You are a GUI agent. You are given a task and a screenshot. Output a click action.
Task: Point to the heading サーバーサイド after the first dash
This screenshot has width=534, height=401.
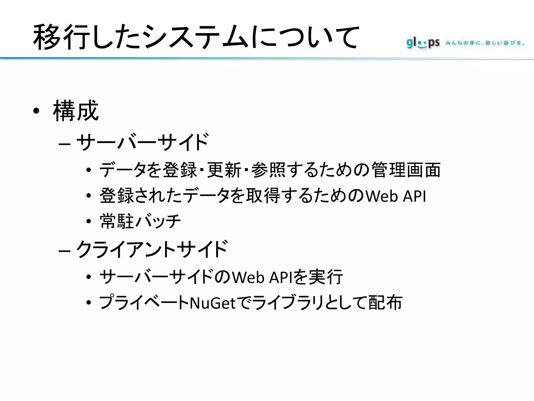coord(142,142)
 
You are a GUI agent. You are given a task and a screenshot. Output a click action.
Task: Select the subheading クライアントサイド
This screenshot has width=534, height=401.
coord(151,249)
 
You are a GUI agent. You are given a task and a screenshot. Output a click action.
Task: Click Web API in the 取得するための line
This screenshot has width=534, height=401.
coord(396,196)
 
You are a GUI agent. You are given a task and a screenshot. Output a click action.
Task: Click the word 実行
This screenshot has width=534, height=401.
coord(326,277)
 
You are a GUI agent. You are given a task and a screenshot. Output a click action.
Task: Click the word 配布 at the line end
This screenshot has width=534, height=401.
coord(386,303)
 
